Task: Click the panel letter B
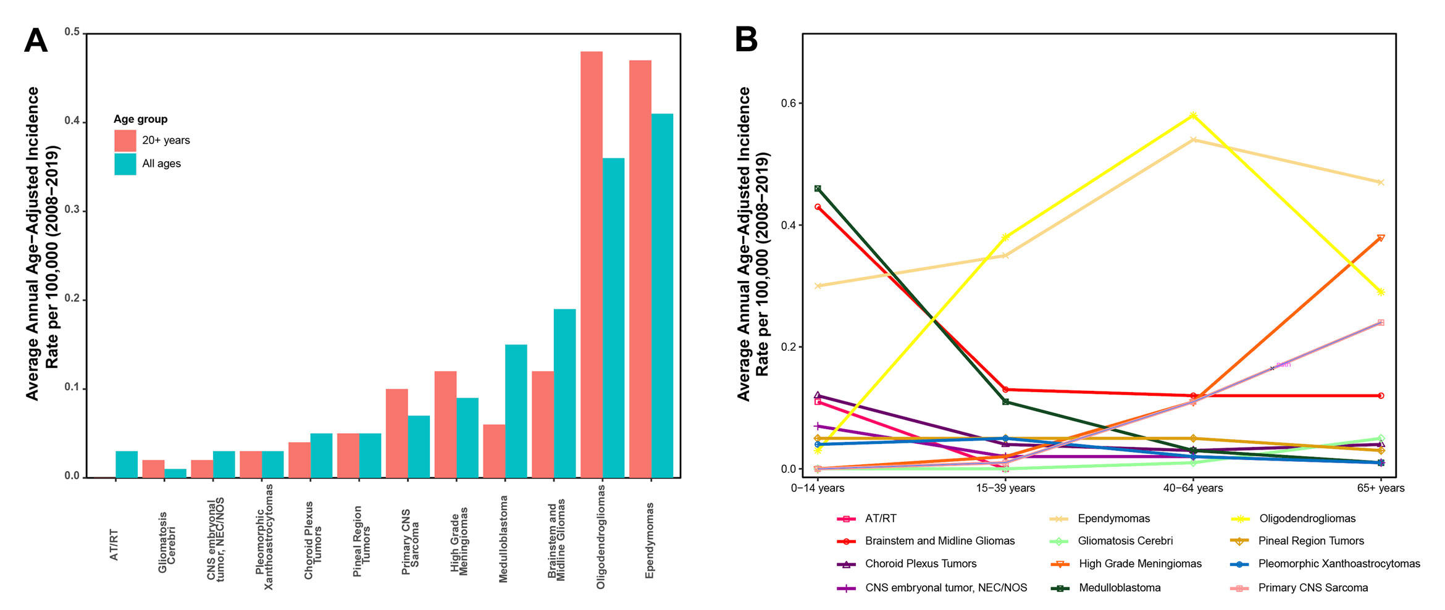[746, 40]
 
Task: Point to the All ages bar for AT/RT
[127, 464]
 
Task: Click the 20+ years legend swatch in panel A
[125, 141]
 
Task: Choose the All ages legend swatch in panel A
[125, 164]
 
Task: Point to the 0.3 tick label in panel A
[72, 210]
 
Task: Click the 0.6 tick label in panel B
[788, 103]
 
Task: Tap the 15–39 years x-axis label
[1005, 488]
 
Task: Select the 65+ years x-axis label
[1380, 488]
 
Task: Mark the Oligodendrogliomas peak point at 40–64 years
[1193, 115]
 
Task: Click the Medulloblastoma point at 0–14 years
[818, 188]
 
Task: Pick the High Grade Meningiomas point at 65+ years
[1381, 238]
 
